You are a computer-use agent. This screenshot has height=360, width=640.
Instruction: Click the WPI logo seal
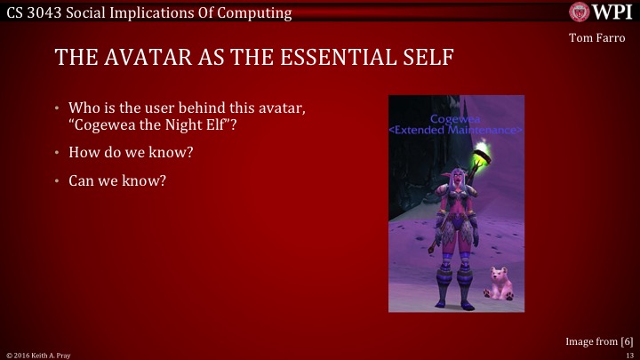[x=580, y=12]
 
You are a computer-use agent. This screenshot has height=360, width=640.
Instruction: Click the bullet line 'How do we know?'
[x=132, y=152]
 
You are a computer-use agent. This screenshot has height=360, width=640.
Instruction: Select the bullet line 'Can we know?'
[x=117, y=180]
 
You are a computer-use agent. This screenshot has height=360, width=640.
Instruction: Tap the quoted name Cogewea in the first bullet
[x=109, y=124]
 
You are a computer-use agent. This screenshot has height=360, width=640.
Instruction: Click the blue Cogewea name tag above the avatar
[x=455, y=118]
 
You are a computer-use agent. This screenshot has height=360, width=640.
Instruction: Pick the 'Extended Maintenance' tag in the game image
[x=456, y=130]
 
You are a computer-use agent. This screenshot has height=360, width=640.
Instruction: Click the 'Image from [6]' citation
[x=599, y=341]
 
